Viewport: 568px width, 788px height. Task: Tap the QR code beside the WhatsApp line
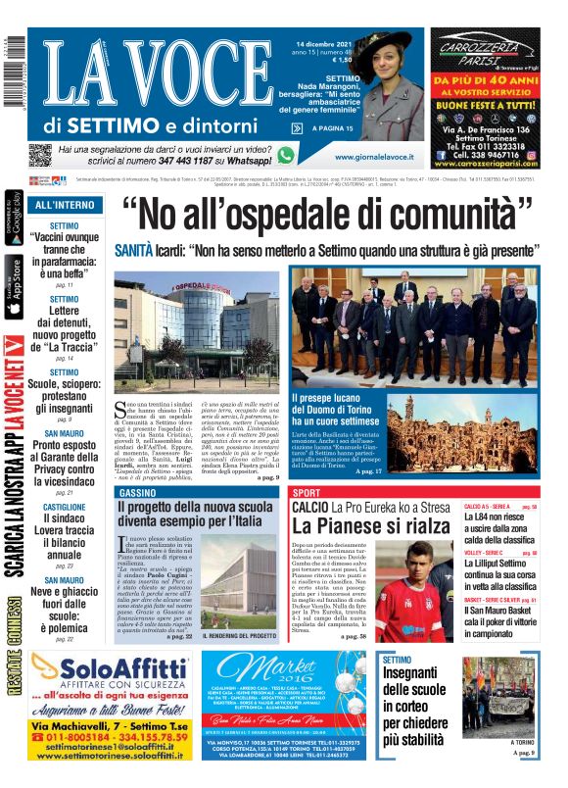[40, 155]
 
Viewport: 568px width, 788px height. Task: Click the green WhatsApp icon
[286, 155]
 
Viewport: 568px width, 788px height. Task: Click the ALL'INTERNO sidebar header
[65, 205]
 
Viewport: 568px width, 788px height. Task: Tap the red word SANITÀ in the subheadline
[132, 250]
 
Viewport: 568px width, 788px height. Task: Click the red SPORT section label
[307, 492]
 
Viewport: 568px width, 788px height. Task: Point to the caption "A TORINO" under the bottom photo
[521, 742]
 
